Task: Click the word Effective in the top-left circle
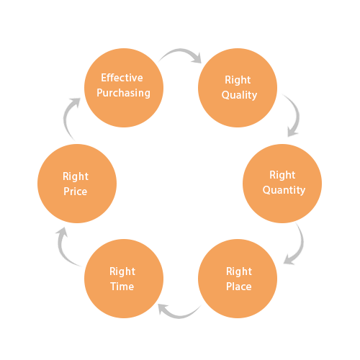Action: [122, 78]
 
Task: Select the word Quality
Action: [239, 95]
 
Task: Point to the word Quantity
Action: [284, 190]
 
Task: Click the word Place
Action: [239, 286]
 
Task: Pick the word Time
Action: [122, 286]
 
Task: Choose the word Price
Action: [76, 192]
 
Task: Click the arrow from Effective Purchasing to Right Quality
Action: [180, 54]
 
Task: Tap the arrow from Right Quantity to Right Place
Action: [295, 245]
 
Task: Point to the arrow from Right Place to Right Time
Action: [180, 311]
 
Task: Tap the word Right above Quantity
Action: [283, 175]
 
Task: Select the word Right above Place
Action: [239, 271]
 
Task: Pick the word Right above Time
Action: [122, 271]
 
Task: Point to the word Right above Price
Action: [76, 176]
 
